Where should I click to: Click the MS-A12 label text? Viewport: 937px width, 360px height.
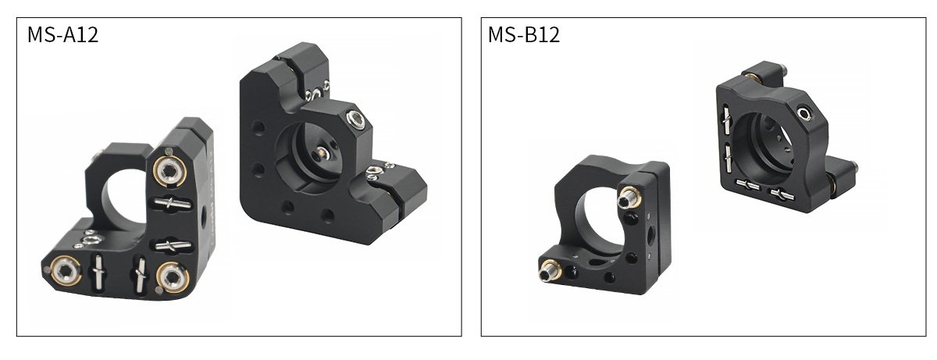[62, 34]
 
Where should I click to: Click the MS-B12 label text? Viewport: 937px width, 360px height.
[524, 34]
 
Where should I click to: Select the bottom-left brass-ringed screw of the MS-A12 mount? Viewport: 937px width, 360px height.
[66, 269]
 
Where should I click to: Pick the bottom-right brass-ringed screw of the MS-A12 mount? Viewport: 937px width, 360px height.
[173, 276]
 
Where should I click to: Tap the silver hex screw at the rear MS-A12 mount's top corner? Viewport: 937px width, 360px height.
[356, 120]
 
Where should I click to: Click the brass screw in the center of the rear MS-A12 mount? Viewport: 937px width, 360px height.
[322, 151]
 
